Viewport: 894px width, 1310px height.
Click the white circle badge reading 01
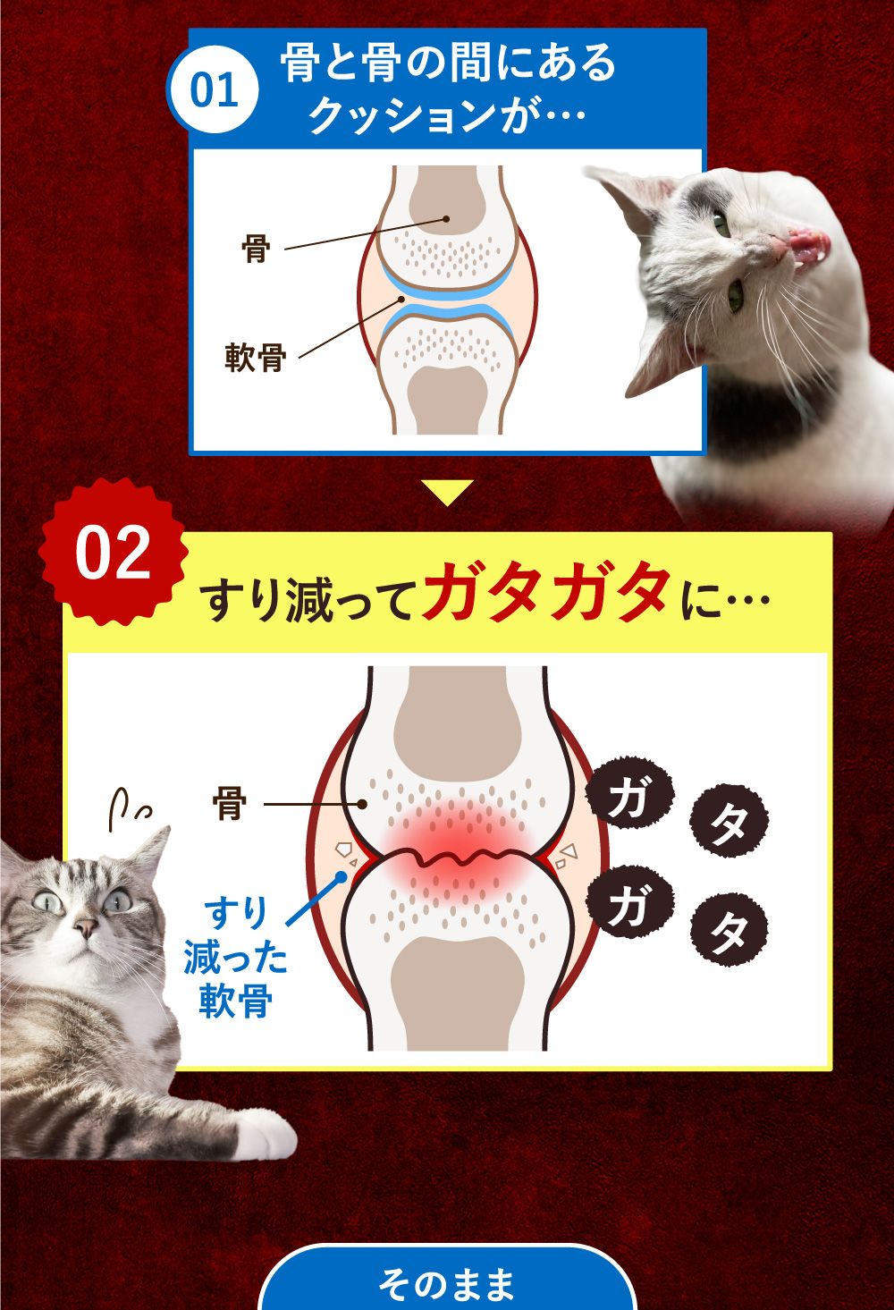[214, 91]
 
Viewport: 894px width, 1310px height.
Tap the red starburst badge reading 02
[114, 552]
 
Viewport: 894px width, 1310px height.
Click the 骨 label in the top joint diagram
[256, 248]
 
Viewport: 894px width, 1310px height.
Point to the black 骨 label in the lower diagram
[230, 804]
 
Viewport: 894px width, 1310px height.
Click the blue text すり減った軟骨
[236, 958]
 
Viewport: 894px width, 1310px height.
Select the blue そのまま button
[446, 1282]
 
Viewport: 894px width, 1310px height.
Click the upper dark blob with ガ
[628, 795]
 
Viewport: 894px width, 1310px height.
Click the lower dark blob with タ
[730, 933]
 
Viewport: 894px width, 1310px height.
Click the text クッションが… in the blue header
[446, 116]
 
